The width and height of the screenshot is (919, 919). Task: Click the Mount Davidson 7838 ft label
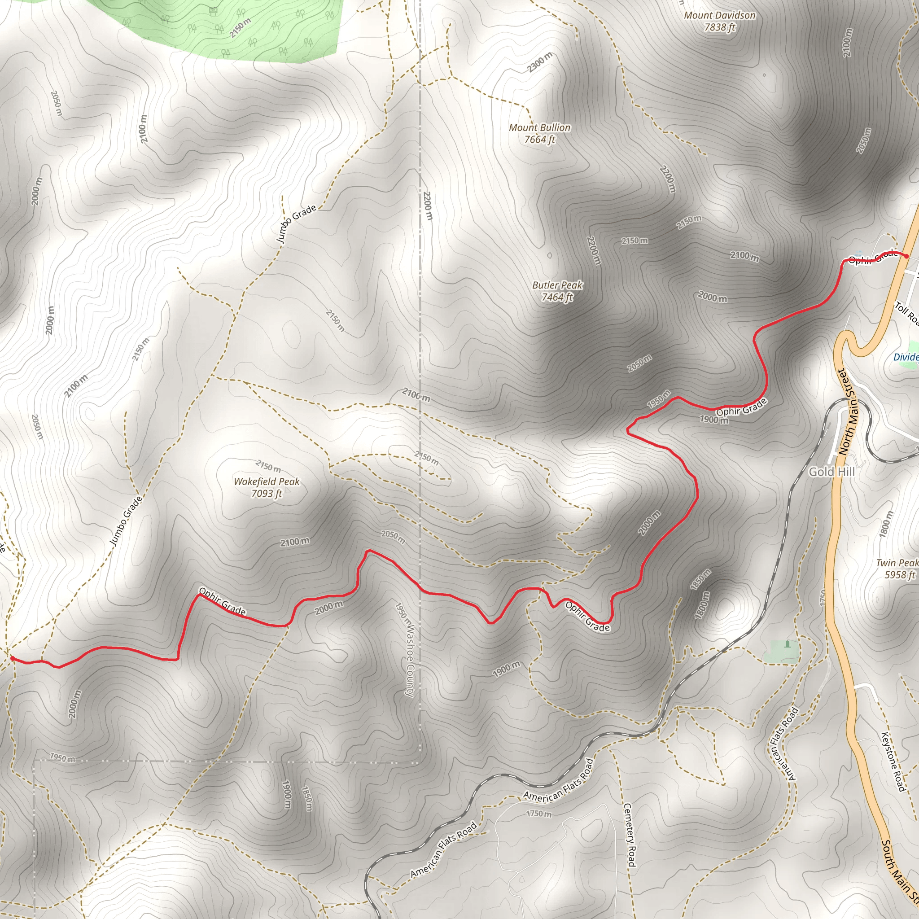pos(719,22)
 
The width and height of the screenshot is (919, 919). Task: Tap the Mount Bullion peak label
pos(539,134)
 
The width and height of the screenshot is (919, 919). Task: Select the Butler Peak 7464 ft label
pos(557,291)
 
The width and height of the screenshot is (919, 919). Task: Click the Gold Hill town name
pos(831,472)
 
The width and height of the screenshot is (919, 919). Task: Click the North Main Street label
pos(847,412)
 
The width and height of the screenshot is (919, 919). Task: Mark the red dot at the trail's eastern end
pos(906,256)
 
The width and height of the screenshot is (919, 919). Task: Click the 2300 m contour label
pos(540,62)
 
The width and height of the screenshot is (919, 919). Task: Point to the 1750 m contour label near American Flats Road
pos(539,814)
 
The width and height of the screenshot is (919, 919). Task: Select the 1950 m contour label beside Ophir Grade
pos(659,399)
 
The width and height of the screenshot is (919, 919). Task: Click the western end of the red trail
pos(11,658)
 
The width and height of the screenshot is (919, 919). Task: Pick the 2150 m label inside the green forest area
pos(240,27)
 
